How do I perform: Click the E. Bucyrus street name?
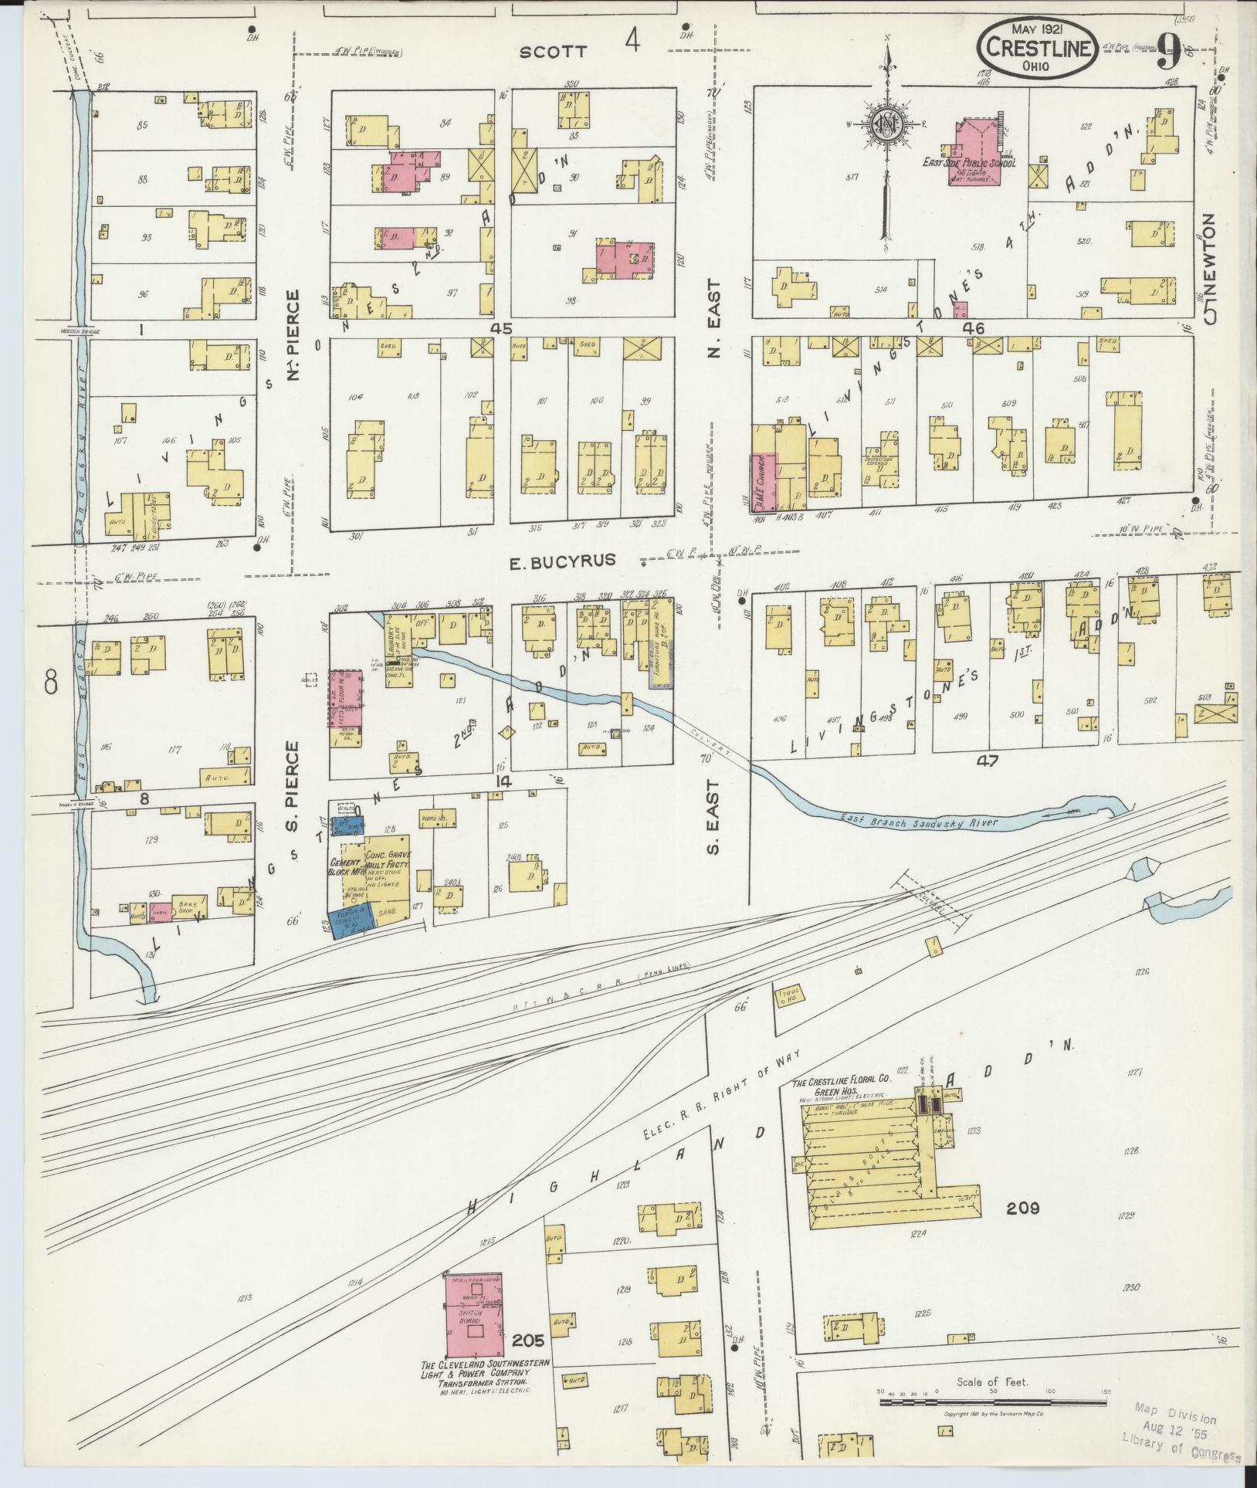(x=562, y=561)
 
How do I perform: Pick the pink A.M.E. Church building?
(x=763, y=483)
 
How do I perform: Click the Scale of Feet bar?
(x=992, y=1401)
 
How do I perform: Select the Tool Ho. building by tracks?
(x=791, y=998)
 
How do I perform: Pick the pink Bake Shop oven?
(x=160, y=911)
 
